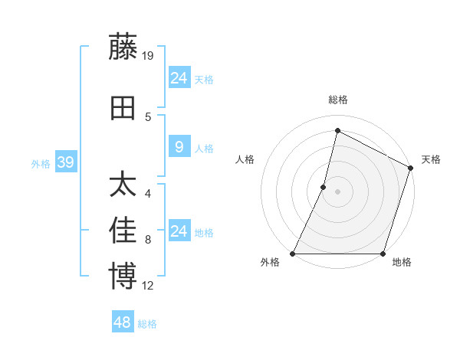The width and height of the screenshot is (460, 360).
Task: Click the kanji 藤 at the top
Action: tap(123, 47)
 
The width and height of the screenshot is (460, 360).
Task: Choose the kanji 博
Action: tap(123, 277)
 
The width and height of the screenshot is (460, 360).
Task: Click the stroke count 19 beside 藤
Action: tap(149, 55)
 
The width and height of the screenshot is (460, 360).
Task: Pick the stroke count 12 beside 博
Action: tap(149, 286)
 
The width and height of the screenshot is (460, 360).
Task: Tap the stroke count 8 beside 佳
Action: tap(148, 240)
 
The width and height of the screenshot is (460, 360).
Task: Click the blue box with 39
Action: tap(65, 162)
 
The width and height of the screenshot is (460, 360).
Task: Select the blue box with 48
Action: tap(122, 322)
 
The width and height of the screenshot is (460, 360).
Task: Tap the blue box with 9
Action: tap(179, 147)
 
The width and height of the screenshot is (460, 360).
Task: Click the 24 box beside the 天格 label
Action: tap(179, 78)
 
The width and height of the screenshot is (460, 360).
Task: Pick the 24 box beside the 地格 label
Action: tap(179, 231)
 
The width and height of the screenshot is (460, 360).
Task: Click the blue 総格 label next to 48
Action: tap(147, 324)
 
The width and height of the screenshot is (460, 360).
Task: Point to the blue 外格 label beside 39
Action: tap(41, 163)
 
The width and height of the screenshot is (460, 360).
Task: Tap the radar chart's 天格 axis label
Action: tap(431, 159)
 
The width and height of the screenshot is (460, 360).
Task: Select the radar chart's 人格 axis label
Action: tap(245, 159)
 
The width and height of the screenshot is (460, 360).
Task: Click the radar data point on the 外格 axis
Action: tap(293, 254)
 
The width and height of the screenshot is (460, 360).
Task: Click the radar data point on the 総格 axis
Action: tap(337, 130)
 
